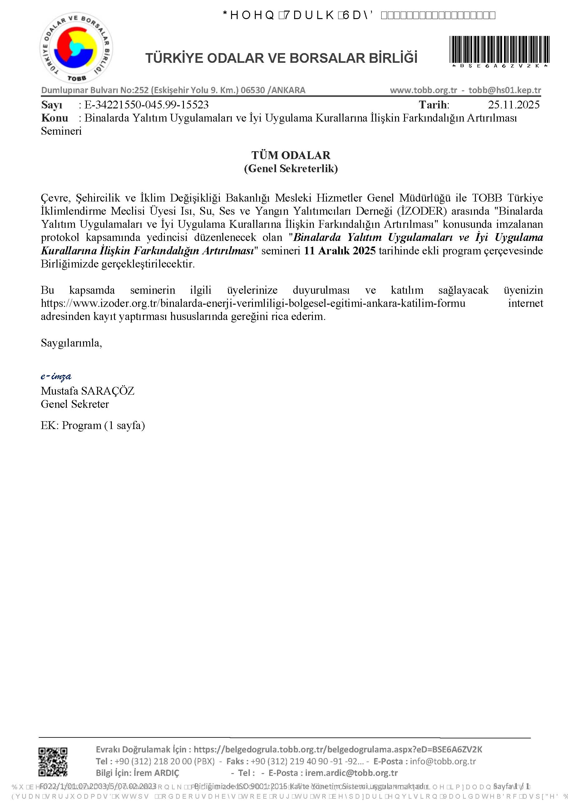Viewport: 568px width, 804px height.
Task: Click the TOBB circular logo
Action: [x=76, y=49]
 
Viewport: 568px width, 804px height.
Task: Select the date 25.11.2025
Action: [x=513, y=105]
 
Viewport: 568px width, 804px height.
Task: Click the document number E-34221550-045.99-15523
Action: [x=146, y=105]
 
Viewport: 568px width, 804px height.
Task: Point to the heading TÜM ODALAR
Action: [x=291, y=155]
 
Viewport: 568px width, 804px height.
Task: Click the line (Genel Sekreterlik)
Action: [x=291, y=168]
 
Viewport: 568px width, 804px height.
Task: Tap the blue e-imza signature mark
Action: [x=56, y=377]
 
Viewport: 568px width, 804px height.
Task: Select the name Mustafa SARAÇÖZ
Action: [x=87, y=391]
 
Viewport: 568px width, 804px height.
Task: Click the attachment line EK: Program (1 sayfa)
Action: [x=93, y=426]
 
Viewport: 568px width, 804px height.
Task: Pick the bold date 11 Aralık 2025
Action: [x=340, y=251]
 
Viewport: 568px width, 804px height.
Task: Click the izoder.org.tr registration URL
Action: [x=253, y=303]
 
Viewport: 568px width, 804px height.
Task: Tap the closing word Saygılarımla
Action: [x=72, y=342]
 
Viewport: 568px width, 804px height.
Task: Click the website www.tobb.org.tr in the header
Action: [x=423, y=90]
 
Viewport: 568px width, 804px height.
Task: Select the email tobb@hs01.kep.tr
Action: [x=505, y=90]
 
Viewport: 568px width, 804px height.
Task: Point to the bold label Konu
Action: [x=54, y=118]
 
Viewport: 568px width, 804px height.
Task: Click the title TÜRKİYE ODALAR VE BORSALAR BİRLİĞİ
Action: [x=281, y=58]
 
